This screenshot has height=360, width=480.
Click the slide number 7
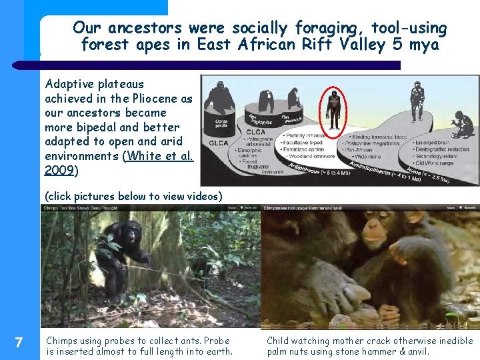click(19, 343)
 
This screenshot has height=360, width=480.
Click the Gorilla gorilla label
click(222, 125)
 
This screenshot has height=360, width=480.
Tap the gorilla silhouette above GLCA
click(220, 98)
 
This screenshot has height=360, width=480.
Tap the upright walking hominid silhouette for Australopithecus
click(417, 101)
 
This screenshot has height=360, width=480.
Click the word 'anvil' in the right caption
click(417, 351)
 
